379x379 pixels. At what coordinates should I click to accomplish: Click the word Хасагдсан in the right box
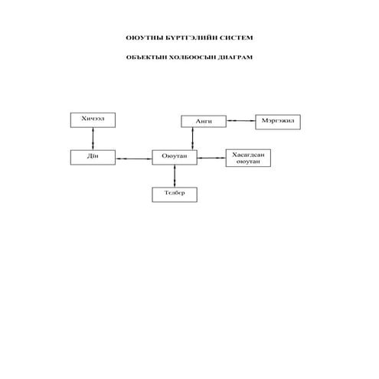[x=248, y=155]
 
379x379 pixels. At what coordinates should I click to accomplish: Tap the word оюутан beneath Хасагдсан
[x=248, y=162]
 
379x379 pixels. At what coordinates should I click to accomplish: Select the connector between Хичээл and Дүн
[x=93, y=139]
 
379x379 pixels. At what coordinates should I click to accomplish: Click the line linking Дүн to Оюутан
[x=134, y=158]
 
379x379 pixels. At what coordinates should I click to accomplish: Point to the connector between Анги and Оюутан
[x=193, y=139]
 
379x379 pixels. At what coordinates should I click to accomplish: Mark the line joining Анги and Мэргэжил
[x=241, y=120]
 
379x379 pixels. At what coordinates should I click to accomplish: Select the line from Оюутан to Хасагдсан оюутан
[x=211, y=158]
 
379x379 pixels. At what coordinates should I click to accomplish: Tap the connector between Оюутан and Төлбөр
[x=175, y=176]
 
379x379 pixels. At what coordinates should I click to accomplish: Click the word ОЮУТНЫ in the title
[x=145, y=38]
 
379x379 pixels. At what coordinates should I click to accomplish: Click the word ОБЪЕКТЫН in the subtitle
[x=146, y=57]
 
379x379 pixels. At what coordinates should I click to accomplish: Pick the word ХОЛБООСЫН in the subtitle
[x=193, y=57]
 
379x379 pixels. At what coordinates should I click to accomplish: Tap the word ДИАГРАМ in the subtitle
[x=235, y=57]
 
